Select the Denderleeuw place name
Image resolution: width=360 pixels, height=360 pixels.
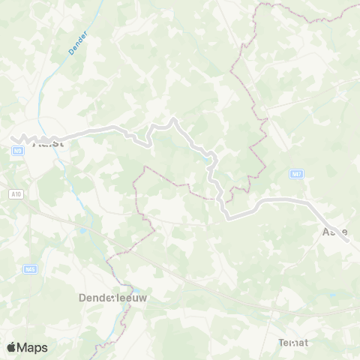(112, 298)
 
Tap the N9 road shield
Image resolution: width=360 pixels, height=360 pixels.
(16, 151)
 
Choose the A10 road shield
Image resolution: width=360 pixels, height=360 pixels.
(16, 194)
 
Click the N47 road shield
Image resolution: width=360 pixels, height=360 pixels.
(297, 173)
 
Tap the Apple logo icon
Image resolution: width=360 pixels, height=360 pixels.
(12, 346)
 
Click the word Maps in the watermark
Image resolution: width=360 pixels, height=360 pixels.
(34, 347)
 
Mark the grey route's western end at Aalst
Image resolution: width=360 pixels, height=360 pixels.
(16, 138)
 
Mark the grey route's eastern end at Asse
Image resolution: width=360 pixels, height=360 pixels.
(346, 235)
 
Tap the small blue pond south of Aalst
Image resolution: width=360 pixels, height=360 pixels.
(82, 231)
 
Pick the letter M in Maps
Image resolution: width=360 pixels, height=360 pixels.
(25, 347)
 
